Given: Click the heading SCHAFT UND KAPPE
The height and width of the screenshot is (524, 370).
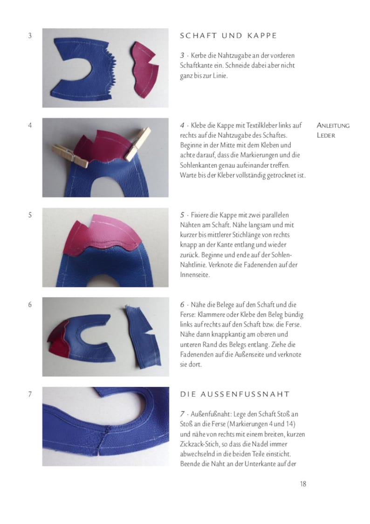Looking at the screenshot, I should [x=228, y=35].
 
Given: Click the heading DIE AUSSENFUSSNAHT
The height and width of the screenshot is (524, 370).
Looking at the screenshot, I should [x=235, y=394].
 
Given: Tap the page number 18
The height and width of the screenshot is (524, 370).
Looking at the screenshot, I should [x=303, y=483].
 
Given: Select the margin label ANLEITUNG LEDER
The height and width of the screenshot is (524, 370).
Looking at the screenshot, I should [x=333, y=130].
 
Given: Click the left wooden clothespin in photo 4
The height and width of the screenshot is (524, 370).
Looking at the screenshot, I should [x=70, y=155].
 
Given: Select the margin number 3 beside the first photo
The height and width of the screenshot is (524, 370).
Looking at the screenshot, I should [x=30, y=35].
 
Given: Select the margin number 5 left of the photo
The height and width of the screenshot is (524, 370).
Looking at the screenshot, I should [x=30, y=215].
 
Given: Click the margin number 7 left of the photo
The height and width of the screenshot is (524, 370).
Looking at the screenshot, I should [x=30, y=394].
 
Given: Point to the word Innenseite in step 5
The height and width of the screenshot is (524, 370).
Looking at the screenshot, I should [x=195, y=275].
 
